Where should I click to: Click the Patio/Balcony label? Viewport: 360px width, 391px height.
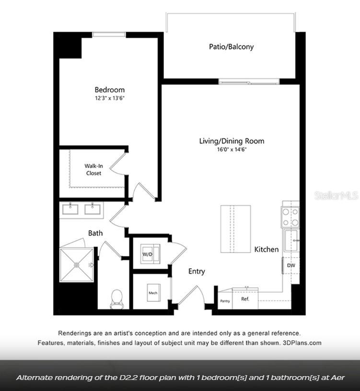[x=231, y=47]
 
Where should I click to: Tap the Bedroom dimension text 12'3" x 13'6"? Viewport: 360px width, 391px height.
[x=109, y=98]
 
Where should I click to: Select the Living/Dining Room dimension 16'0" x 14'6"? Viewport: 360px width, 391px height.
[x=232, y=150]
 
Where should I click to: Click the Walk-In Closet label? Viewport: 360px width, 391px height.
[x=93, y=170]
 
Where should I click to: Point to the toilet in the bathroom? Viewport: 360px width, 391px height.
[x=116, y=298]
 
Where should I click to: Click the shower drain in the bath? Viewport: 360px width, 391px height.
[x=77, y=264]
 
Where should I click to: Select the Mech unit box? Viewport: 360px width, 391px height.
[x=153, y=293]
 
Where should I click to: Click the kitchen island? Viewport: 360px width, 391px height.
[x=235, y=228]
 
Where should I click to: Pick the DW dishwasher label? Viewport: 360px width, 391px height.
[x=291, y=265]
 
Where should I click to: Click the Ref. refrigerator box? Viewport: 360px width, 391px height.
[x=245, y=299]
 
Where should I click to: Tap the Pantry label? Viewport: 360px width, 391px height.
[x=225, y=301]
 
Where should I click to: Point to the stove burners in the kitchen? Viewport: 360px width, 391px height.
[x=290, y=216]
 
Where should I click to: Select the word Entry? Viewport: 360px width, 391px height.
[x=197, y=272]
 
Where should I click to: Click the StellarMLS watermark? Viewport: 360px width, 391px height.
[x=336, y=196]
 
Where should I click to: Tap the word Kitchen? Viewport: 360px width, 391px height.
[x=266, y=249]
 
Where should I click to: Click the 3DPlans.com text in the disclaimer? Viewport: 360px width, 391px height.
[x=302, y=343]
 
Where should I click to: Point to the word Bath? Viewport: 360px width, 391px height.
[x=95, y=233]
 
